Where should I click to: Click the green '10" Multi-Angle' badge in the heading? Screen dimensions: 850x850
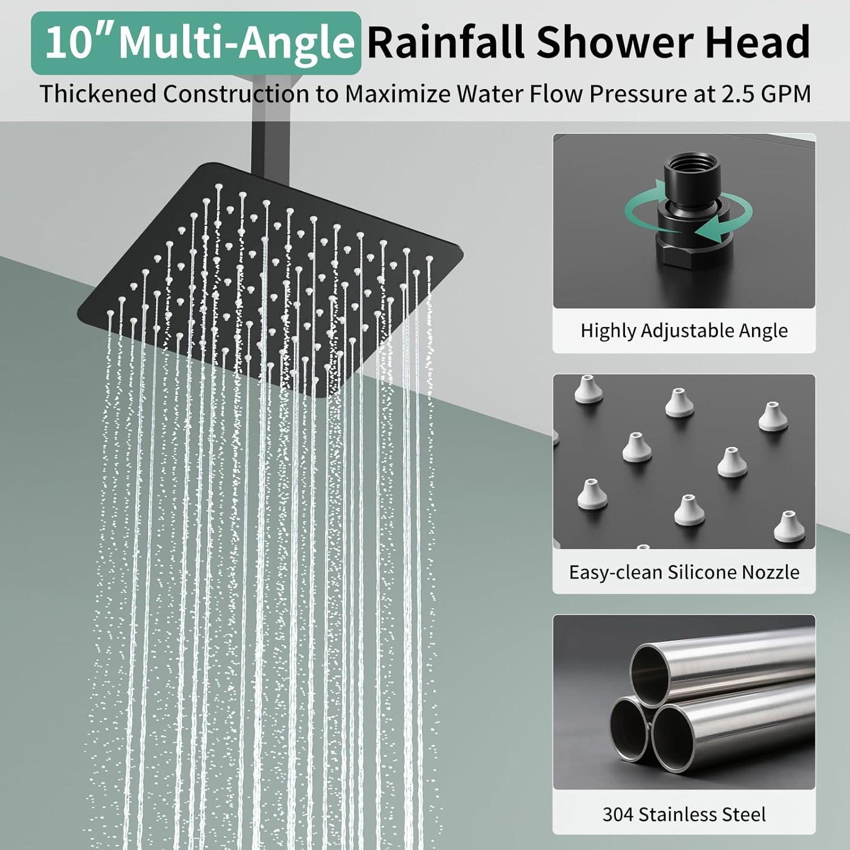195,43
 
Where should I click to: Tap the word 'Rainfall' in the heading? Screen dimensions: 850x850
446,42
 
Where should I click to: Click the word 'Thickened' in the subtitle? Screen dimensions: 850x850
98,93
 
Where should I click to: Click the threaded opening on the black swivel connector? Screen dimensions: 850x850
685,170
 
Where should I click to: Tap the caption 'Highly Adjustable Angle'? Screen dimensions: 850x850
684,330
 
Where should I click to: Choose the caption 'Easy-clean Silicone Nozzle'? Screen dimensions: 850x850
684,572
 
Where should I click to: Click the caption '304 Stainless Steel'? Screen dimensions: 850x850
684,814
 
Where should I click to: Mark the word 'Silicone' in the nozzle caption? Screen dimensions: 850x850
703,572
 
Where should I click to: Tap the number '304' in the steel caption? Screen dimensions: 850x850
618,814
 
